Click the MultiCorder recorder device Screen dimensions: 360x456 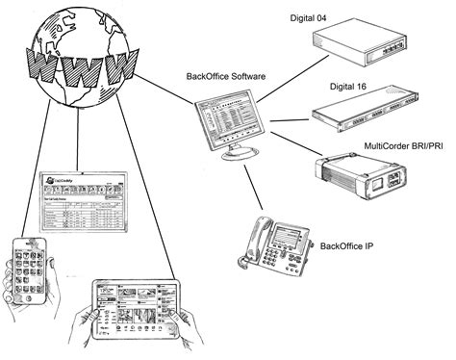click(x=359, y=177)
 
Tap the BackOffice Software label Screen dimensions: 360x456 click(x=226, y=76)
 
